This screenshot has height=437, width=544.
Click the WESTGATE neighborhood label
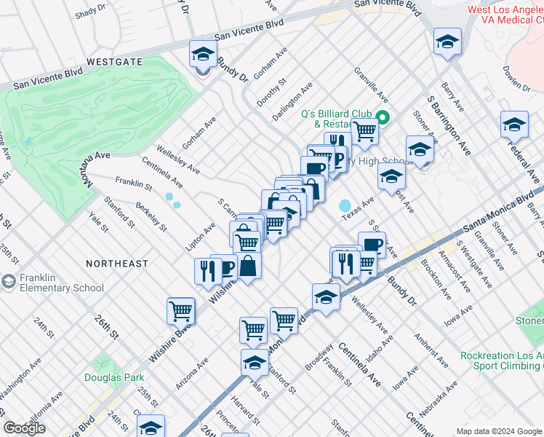tap(113, 63)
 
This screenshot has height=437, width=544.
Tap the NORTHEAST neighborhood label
tap(116, 263)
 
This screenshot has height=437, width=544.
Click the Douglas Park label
tap(114, 377)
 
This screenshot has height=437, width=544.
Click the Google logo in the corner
tap(24, 428)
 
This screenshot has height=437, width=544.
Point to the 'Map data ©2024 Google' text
tap(499, 431)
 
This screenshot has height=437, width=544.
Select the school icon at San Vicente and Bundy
tap(203, 55)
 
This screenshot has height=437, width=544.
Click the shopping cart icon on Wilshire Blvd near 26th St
tap(181, 311)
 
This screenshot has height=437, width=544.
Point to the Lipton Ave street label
tap(200, 237)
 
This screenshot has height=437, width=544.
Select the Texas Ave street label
tap(358, 208)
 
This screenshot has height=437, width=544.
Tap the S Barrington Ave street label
tap(449, 128)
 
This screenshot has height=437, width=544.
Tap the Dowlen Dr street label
tap(517, 76)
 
